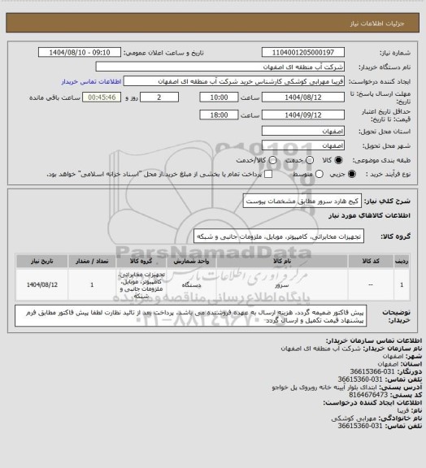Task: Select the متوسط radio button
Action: pos(283,174)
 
